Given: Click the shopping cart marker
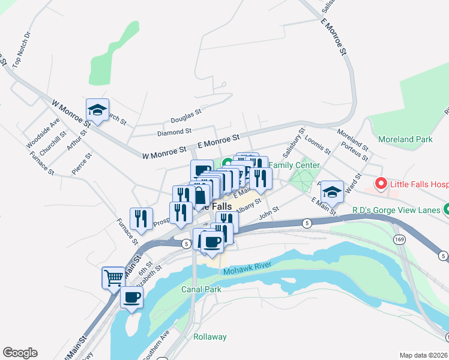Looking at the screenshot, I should tap(113, 277).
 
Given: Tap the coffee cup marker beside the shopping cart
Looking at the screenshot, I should tap(131, 296).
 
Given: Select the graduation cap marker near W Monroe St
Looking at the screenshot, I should tap(97, 110).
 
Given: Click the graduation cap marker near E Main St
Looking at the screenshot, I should tap(331, 192).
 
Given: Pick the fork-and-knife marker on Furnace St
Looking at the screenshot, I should tap(141, 218).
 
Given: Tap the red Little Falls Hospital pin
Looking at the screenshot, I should tap(379, 184).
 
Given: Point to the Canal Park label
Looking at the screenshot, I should tap(201, 289).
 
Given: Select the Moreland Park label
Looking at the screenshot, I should tap(405, 139).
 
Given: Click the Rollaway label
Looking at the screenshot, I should tap(210, 337).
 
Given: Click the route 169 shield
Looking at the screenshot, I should tap(399, 239).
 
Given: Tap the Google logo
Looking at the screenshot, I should tap(20, 353).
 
